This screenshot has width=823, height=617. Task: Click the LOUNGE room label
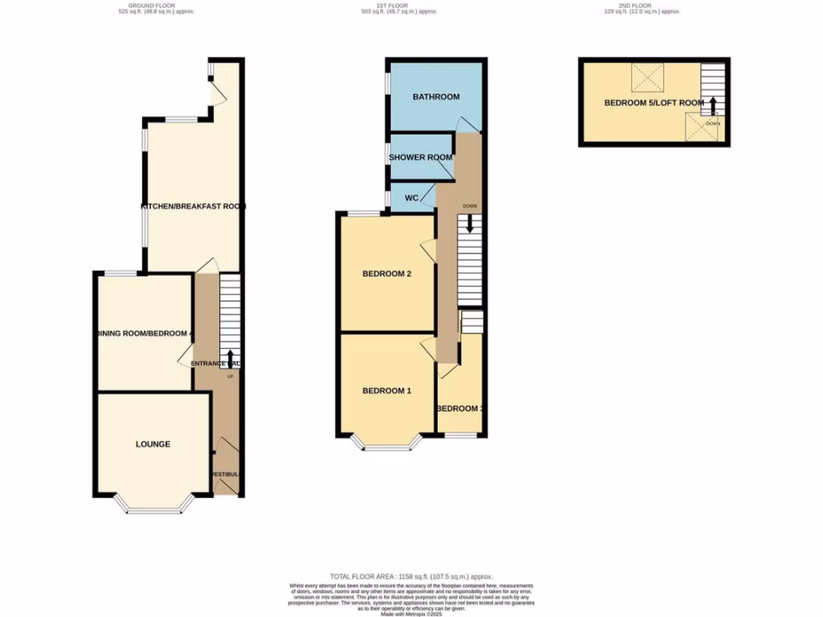pyautogui.click(x=153, y=444)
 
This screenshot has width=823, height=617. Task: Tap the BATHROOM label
pyautogui.click(x=436, y=97)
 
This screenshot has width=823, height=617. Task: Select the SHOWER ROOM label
pyautogui.click(x=420, y=157)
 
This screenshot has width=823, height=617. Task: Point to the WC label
pyautogui.click(x=411, y=198)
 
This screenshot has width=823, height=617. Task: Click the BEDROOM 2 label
pyautogui.click(x=387, y=274)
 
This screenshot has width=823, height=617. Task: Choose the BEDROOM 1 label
pyautogui.click(x=387, y=391)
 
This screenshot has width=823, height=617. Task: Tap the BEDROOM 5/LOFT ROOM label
pyautogui.click(x=653, y=103)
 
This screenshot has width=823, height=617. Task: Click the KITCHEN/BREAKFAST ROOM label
pyautogui.click(x=193, y=206)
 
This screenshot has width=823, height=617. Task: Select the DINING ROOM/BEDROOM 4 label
pyautogui.click(x=144, y=333)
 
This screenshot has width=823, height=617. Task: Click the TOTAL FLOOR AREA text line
pyautogui.click(x=411, y=577)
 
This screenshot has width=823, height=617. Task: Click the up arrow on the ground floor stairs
pyautogui.click(x=231, y=358)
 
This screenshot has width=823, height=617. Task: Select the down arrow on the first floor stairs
pyautogui.click(x=470, y=233)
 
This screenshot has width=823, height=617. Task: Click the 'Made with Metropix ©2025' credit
pyautogui.click(x=411, y=614)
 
